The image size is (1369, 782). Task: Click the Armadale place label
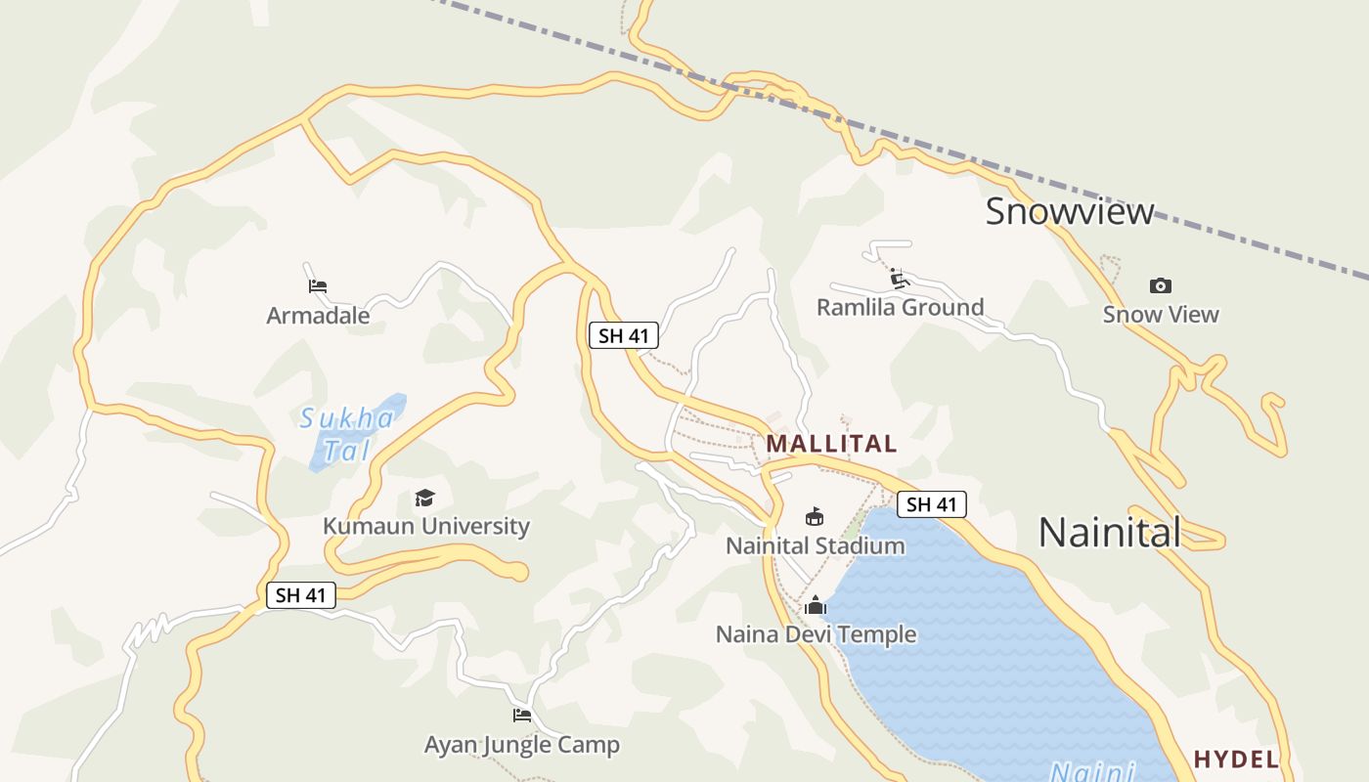tap(318, 316)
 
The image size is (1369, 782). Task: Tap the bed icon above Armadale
tap(317, 286)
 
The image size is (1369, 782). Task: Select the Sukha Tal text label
tap(347, 434)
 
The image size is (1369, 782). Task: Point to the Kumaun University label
tap(425, 526)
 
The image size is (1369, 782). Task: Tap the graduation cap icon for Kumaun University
tap(424, 498)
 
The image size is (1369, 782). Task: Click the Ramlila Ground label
tap(900, 308)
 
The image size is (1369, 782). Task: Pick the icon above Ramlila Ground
tap(900, 280)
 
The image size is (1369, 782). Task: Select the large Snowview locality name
tap(1069, 211)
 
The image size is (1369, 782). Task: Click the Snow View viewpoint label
tap(1161, 315)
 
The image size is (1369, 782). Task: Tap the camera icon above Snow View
tap(1161, 285)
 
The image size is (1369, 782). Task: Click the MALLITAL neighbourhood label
tap(831, 444)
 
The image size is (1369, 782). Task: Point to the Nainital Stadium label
tap(815, 545)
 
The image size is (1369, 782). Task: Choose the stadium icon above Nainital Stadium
tap(814, 516)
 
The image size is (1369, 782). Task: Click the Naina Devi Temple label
tap(816, 634)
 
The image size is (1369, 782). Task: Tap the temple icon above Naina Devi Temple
tap(815, 606)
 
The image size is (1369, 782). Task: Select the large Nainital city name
tap(1109, 533)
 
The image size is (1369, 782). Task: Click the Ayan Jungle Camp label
tap(521, 745)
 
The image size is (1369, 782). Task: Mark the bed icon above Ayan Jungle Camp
tap(521, 716)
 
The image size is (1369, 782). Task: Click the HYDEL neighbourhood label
tap(1236, 760)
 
